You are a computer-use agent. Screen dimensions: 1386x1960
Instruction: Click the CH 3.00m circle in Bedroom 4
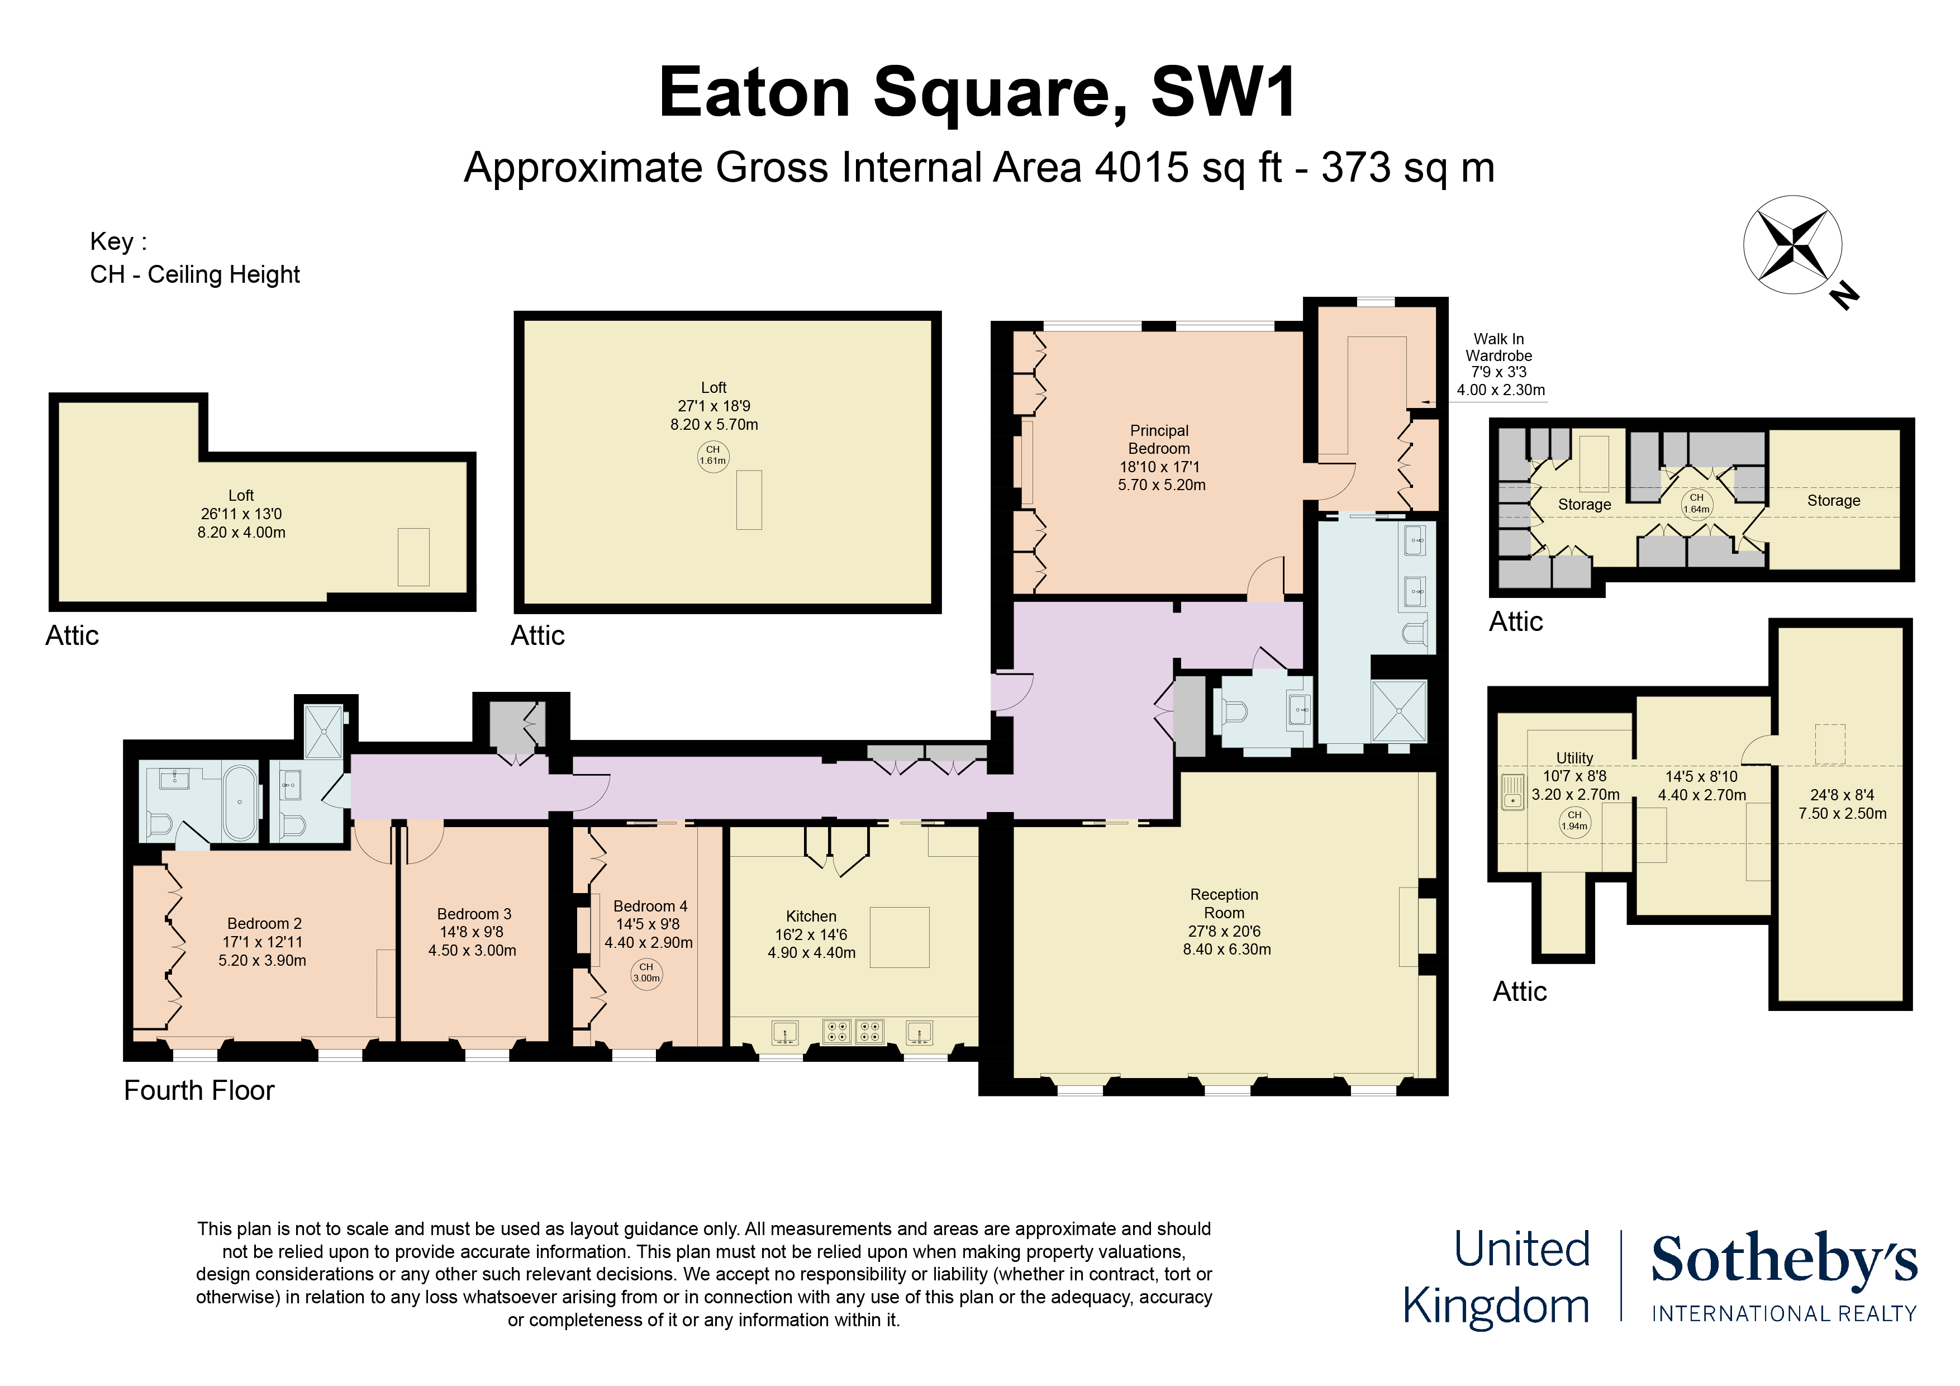[646, 974]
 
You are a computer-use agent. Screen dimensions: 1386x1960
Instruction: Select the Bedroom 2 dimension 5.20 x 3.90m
[262, 960]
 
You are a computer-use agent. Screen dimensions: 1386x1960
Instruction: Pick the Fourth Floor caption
[199, 1090]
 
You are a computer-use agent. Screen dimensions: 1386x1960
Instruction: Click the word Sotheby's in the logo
[1784, 1260]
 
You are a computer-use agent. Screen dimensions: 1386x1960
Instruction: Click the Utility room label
[1574, 757]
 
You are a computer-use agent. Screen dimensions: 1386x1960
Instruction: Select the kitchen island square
[899, 937]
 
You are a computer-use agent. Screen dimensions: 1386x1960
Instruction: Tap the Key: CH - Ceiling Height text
[194, 258]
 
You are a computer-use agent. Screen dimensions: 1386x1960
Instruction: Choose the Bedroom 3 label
[474, 914]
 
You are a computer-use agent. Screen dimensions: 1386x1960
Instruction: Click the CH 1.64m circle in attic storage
[1696, 503]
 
